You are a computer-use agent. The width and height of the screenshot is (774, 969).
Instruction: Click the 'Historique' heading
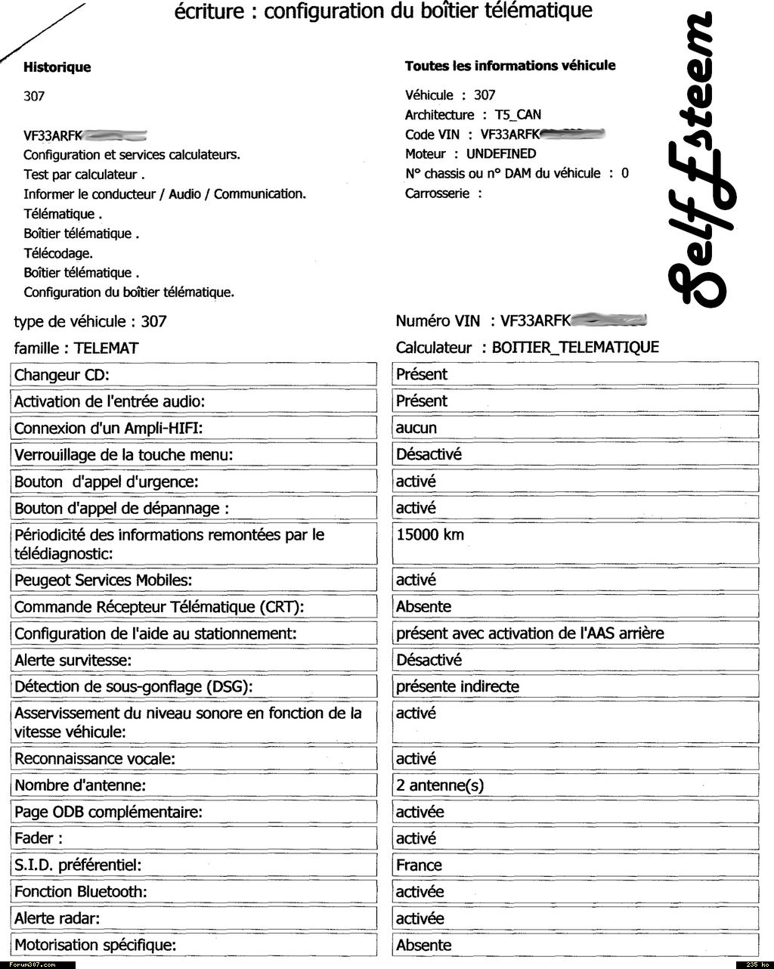point(57,67)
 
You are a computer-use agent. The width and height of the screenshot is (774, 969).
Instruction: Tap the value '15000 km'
point(430,535)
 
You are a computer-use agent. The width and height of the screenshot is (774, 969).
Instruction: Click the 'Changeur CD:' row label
point(62,375)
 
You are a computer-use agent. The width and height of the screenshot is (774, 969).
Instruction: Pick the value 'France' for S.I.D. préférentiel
point(419,865)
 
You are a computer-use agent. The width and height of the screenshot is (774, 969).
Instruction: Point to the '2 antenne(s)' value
point(440,785)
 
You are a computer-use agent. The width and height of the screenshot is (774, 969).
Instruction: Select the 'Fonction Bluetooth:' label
point(81,892)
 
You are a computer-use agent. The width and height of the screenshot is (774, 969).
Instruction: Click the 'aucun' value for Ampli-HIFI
point(416,429)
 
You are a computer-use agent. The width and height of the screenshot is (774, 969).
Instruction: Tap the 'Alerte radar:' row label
point(57,919)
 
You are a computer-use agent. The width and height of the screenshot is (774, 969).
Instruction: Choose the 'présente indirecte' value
point(457,687)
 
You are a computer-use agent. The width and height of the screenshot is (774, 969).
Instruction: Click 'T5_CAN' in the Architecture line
point(518,115)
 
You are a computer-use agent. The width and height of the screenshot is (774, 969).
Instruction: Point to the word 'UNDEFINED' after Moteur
point(501,154)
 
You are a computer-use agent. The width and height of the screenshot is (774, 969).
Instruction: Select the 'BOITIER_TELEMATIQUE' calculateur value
point(575,348)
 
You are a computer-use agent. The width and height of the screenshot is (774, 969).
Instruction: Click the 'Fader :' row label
point(39,839)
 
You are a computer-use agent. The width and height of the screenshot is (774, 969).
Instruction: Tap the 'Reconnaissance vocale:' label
point(94,759)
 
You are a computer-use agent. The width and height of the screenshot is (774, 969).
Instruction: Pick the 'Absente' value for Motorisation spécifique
point(423,946)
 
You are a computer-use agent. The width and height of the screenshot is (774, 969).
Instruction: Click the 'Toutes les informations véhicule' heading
point(510,66)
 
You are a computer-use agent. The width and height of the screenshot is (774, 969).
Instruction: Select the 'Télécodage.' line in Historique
point(58,253)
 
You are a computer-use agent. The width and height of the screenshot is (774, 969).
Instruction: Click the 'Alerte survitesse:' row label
point(73,661)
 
